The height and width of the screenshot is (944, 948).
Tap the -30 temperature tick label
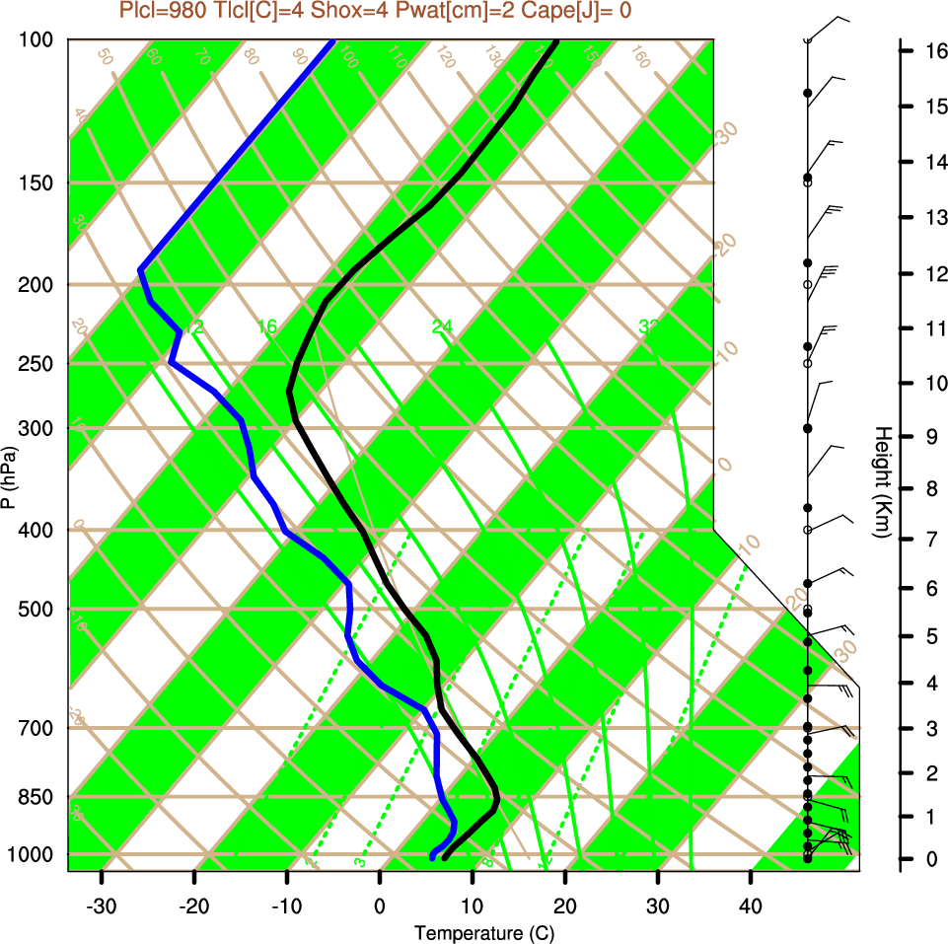tap(102, 906)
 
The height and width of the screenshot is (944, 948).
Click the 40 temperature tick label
tap(751, 906)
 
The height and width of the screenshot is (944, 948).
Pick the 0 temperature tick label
tap(380, 906)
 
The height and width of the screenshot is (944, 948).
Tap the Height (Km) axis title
tap(883, 482)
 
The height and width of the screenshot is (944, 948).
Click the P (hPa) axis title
tap(10, 477)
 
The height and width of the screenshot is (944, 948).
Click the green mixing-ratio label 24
tap(442, 327)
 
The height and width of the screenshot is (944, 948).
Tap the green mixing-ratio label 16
tap(267, 327)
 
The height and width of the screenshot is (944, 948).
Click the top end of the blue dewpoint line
tap(333, 40)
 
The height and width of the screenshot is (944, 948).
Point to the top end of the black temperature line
tap(557, 40)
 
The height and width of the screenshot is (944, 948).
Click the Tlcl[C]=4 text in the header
tap(253, 11)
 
